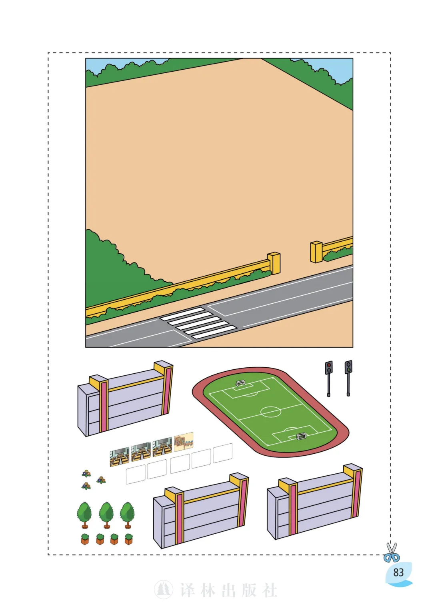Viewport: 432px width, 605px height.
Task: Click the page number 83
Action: click(398, 572)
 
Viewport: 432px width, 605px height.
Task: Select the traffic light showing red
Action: click(328, 379)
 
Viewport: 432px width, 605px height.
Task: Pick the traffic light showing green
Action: click(348, 378)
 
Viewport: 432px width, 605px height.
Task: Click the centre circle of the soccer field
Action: click(270, 412)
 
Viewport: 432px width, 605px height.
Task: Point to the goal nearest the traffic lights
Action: click(240, 383)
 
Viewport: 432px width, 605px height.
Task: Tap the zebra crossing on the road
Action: click(198, 323)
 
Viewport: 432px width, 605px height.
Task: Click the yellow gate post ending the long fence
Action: click(274, 263)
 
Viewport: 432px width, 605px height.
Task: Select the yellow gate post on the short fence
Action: click(316, 252)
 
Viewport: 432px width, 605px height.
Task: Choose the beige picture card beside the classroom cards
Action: click(184, 442)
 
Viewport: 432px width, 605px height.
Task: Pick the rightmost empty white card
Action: click(223, 453)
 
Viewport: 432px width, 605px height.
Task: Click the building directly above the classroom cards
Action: click(125, 399)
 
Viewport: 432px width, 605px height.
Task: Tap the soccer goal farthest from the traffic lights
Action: click(301, 436)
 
